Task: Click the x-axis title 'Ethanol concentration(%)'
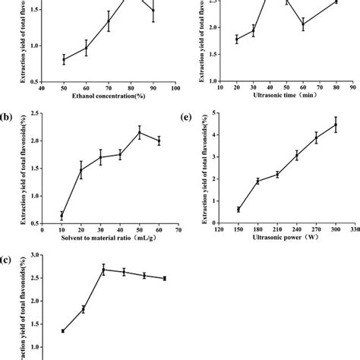(103, 97)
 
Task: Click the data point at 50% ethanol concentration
(64, 58)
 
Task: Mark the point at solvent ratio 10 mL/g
(62, 216)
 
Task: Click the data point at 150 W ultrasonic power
(238, 210)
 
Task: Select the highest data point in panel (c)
(103, 269)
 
